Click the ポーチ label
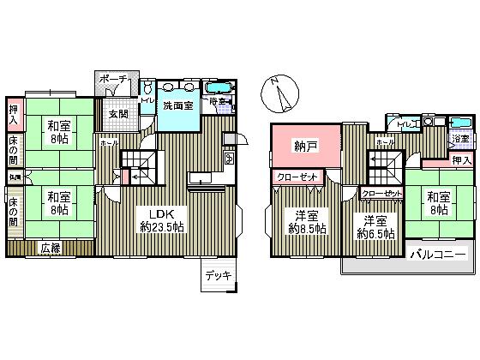(x=112, y=80)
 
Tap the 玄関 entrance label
(x=117, y=114)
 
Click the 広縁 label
(x=51, y=248)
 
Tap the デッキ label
(x=217, y=276)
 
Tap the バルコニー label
(x=437, y=255)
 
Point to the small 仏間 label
(x=15, y=177)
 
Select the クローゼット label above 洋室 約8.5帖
(x=297, y=177)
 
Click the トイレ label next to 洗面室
(x=147, y=102)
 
